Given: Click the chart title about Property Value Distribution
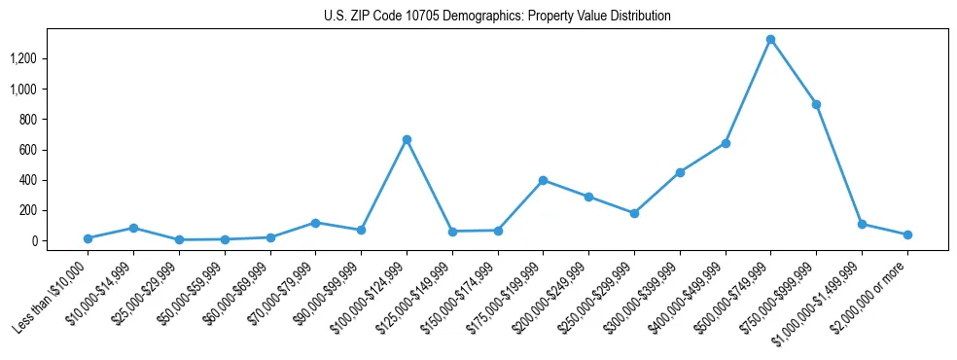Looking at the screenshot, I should click(x=497, y=16).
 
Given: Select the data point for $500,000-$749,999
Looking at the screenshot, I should click(x=770, y=40).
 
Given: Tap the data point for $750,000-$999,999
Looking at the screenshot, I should click(x=816, y=104).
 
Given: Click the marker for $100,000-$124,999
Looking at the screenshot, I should click(x=407, y=139).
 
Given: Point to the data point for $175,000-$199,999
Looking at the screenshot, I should click(x=543, y=180).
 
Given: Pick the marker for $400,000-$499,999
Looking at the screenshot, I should click(x=725, y=143).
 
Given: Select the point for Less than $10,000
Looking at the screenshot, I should click(x=88, y=238).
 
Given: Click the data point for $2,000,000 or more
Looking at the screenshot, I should click(x=906, y=234).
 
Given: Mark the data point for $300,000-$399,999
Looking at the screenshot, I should click(x=680, y=172).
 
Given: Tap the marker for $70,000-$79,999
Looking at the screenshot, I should click(x=315, y=223).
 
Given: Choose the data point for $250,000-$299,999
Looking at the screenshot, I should click(x=634, y=213).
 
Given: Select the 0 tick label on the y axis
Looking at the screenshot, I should click(x=34, y=240).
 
